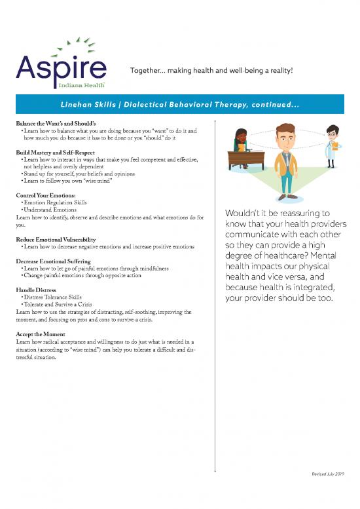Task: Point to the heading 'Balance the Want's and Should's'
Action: click(56, 123)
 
